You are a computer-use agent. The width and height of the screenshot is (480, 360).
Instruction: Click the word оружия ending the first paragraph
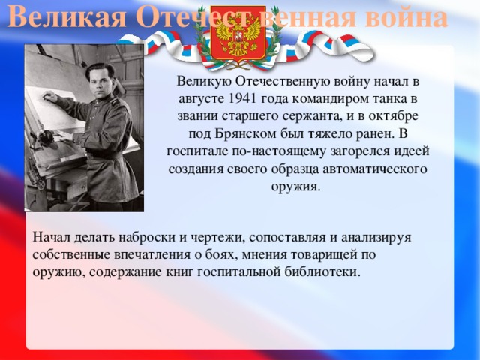click(296, 186)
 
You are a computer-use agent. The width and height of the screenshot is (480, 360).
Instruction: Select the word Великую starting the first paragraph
click(204, 82)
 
